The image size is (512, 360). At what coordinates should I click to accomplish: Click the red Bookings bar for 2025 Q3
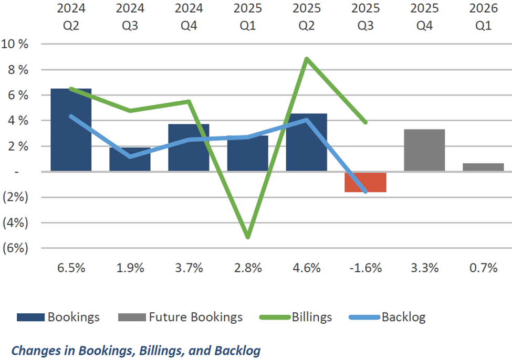(x=365, y=182)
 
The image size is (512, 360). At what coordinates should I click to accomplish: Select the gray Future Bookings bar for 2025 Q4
(x=424, y=150)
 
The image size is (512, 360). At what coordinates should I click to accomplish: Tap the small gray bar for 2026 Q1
(x=483, y=167)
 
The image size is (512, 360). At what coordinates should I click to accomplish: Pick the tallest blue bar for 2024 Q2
(x=71, y=130)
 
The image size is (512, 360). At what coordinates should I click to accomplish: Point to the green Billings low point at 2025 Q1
(x=247, y=237)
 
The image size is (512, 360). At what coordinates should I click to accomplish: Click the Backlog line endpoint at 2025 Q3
(x=365, y=192)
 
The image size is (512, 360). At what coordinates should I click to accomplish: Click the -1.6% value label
(x=365, y=268)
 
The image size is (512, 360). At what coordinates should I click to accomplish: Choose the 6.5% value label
(x=71, y=268)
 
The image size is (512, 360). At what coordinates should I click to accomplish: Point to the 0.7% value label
(x=483, y=268)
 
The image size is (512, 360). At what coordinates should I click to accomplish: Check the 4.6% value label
(x=307, y=268)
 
